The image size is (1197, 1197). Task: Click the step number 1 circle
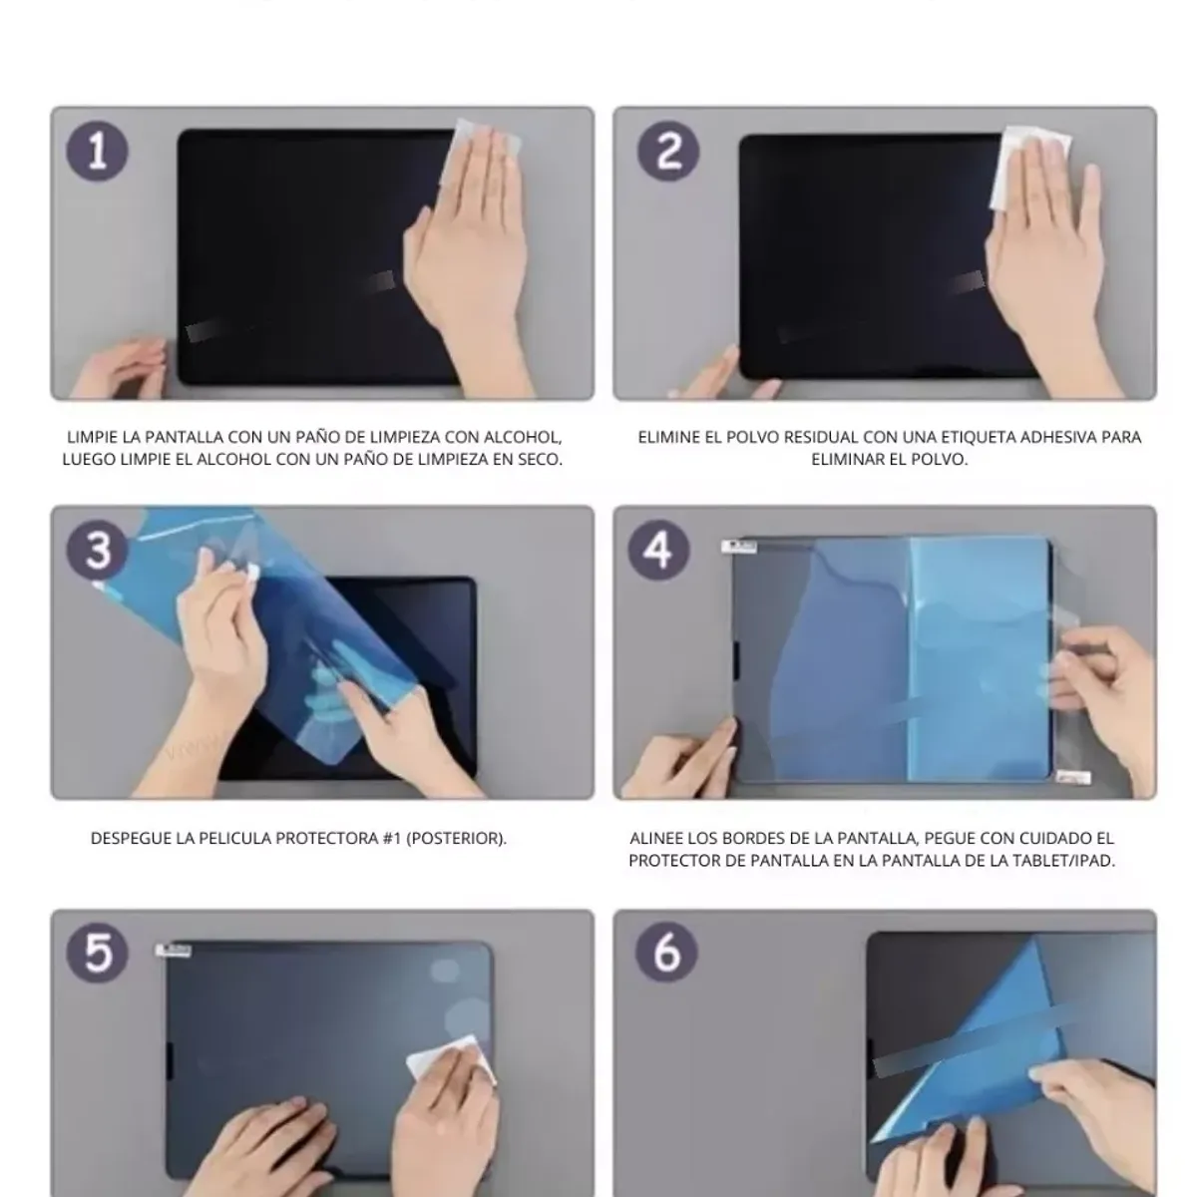(98, 152)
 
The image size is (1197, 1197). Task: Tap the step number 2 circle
(668, 152)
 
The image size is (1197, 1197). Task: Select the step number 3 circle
(98, 551)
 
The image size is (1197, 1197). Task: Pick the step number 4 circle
(658, 551)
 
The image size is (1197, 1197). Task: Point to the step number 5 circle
(98, 953)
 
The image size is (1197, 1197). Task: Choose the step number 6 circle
(666, 953)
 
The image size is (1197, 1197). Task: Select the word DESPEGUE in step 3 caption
(131, 839)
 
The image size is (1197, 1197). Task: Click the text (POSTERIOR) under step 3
(457, 839)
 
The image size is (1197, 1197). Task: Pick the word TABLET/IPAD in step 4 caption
(1064, 861)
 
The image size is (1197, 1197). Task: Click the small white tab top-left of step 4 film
(738, 547)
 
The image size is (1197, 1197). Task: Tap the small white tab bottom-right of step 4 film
(1073, 777)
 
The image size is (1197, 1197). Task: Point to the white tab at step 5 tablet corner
(174, 951)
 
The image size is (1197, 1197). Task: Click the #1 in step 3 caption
(392, 839)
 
